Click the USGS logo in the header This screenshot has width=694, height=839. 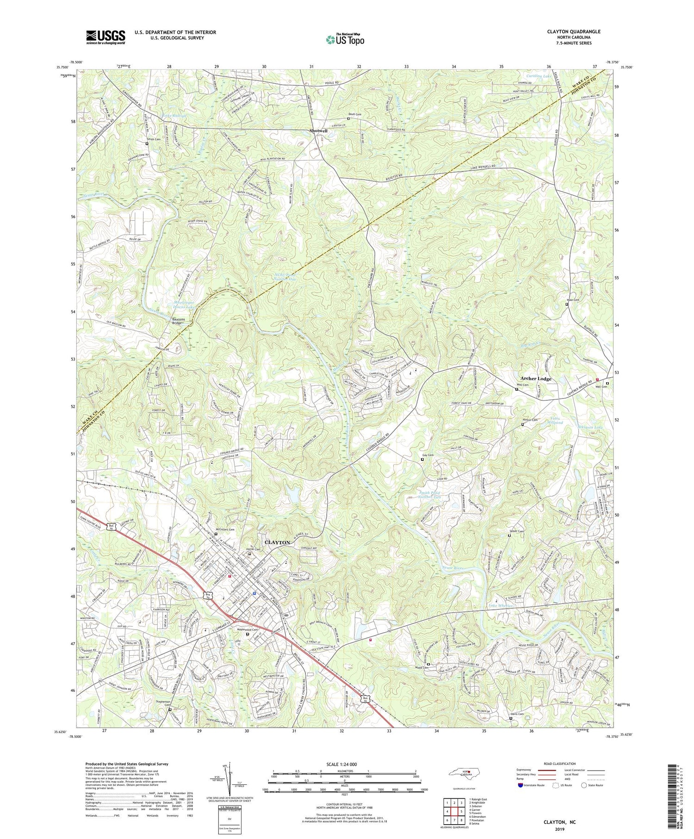point(105,37)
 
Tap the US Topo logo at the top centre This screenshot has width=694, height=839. point(345,40)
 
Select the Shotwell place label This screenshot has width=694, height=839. point(318,131)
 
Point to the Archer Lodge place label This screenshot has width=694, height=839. point(535,379)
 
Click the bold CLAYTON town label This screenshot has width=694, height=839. point(277,542)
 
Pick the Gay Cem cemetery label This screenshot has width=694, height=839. point(428,455)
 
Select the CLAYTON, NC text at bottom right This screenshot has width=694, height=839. point(560,822)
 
